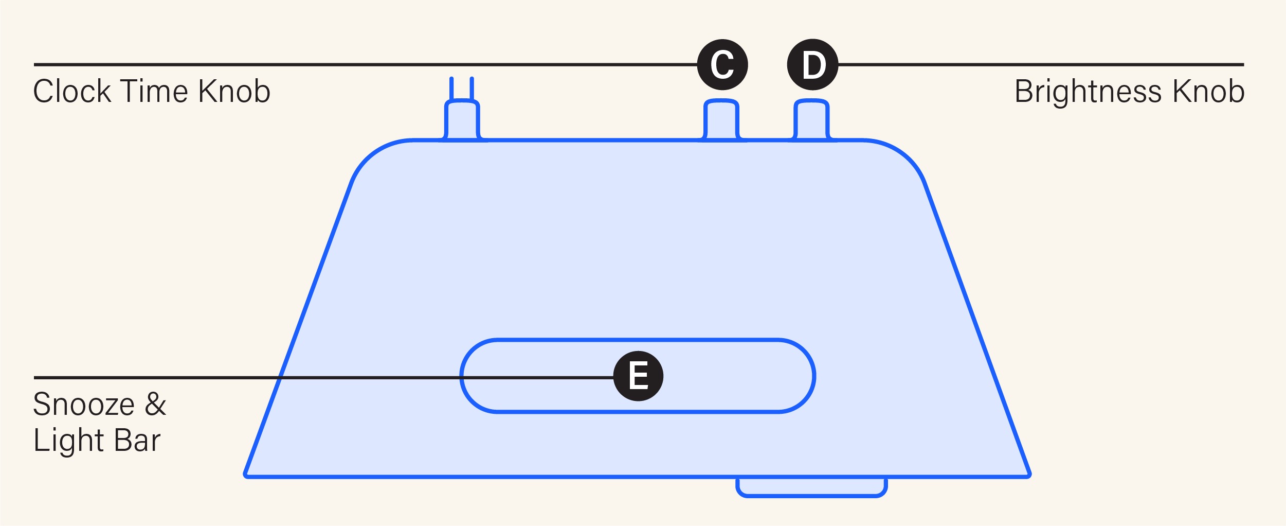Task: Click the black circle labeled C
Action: tap(722, 64)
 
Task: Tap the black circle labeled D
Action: tap(812, 64)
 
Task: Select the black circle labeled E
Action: tap(638, 376)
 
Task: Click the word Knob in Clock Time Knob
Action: tap(234, 92)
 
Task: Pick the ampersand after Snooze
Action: tap(155, 404)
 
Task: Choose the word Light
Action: tap(69, 441)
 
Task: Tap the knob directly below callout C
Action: tap(721, 120)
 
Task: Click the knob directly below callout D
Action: tap(812, 120)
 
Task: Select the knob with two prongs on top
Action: tap(462, 120)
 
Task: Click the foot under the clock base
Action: tap(811, 486)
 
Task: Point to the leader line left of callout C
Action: tap(360, 64)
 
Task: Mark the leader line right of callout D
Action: tap(1039, 64)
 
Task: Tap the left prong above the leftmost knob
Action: tap(451, 89)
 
